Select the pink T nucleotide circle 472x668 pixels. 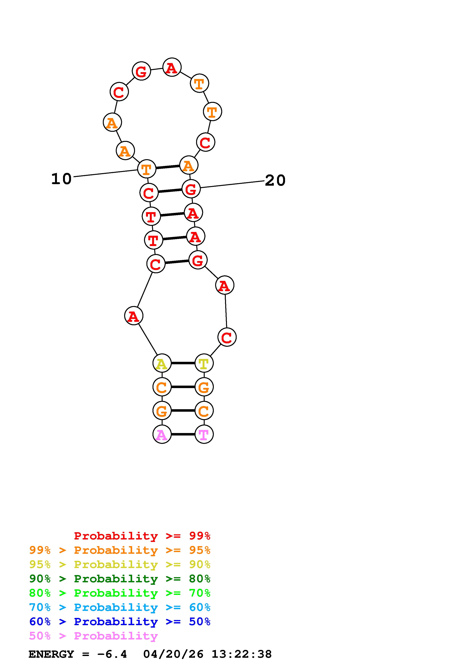coord(204,434)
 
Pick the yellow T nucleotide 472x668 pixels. coord(204,363)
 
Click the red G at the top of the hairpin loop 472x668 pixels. coord(141,71)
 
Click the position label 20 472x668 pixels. coord(275,180)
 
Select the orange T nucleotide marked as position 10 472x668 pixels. coord(147,169)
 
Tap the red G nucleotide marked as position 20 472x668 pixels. coord(191,189)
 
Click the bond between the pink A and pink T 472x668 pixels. coord(183,434)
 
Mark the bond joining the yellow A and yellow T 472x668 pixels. coord(183,363)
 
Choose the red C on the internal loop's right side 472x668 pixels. coord(227,337)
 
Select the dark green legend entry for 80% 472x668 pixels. coord(120,579)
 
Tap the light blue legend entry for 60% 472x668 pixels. coord(120,607)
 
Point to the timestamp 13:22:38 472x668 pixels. coord(241,654)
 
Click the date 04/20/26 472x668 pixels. coord(173,654)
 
